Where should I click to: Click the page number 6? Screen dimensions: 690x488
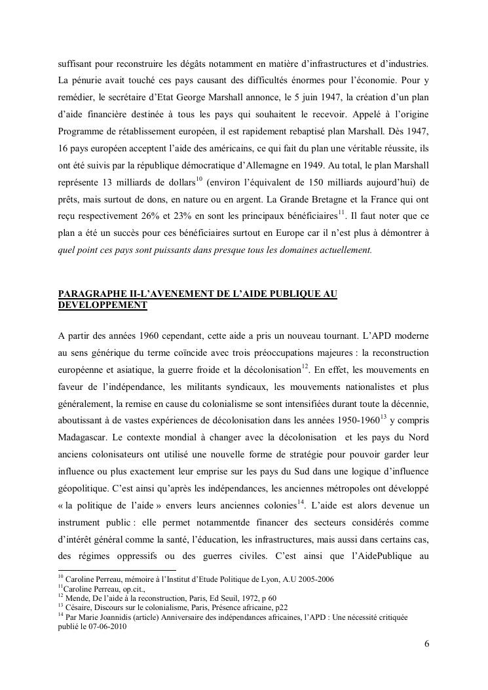[426, 643]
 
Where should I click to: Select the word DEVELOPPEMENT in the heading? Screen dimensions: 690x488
[102, 305]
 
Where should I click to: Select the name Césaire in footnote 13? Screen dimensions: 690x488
[79, 607]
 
